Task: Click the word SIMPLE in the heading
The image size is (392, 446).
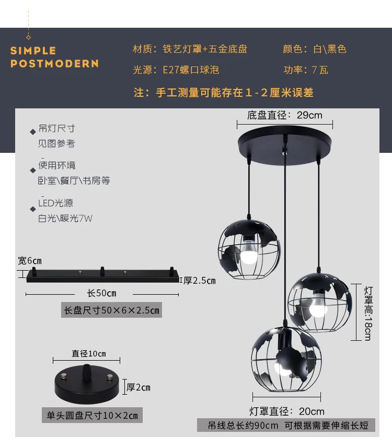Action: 33,51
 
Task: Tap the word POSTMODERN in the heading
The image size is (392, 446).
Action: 54,63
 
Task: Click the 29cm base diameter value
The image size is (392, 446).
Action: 309,115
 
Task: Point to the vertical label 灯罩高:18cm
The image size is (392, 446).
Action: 368,314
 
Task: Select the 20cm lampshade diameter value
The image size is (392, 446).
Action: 312,411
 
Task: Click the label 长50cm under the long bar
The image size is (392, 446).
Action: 102,293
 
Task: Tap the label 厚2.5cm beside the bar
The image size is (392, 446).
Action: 200,281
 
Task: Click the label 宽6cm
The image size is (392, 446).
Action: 30,261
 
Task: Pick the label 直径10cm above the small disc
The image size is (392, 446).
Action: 89,353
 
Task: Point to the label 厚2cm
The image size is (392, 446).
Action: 139,387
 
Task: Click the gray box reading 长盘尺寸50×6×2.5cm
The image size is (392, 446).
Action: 111,310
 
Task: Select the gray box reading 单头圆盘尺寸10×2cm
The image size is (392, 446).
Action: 92,415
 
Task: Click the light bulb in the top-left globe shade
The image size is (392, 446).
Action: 249,253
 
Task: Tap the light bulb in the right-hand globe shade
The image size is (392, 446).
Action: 318,306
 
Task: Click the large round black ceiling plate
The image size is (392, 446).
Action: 285,145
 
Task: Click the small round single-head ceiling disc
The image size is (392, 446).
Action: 87,384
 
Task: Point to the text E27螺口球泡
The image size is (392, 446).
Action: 191,70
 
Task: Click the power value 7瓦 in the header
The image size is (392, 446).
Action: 320,70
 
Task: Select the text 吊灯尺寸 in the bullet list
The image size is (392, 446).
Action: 56,129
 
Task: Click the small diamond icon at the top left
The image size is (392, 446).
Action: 28,37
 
